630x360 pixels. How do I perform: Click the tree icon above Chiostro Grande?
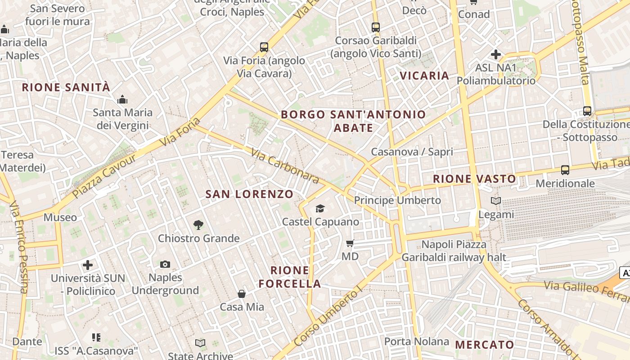(198, 225)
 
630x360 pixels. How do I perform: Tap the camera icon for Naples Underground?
(165, 264)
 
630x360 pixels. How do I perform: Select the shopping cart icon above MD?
(350, 243)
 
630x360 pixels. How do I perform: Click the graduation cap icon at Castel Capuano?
(320, 208)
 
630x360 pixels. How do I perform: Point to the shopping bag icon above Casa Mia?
(242, 294)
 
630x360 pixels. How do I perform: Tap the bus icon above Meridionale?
(565, 170)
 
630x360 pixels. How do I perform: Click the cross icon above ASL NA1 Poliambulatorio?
(496, 55)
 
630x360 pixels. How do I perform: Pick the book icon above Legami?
(496, 201)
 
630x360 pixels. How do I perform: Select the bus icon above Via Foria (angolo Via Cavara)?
(264, 47)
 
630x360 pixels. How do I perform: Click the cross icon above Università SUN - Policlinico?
(88, 265)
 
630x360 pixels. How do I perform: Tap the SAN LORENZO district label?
(249, 194)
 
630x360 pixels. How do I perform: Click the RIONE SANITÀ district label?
(66, 87)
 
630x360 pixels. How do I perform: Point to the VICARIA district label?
(424, 76)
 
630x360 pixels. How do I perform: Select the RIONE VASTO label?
(474, 179)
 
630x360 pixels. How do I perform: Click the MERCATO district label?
(485, 345)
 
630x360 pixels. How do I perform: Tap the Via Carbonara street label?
(285, 166)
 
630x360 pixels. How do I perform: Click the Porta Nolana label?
(417, 342)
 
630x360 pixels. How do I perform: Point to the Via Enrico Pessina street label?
(19, 247)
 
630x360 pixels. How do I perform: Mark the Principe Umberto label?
(397, 200)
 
